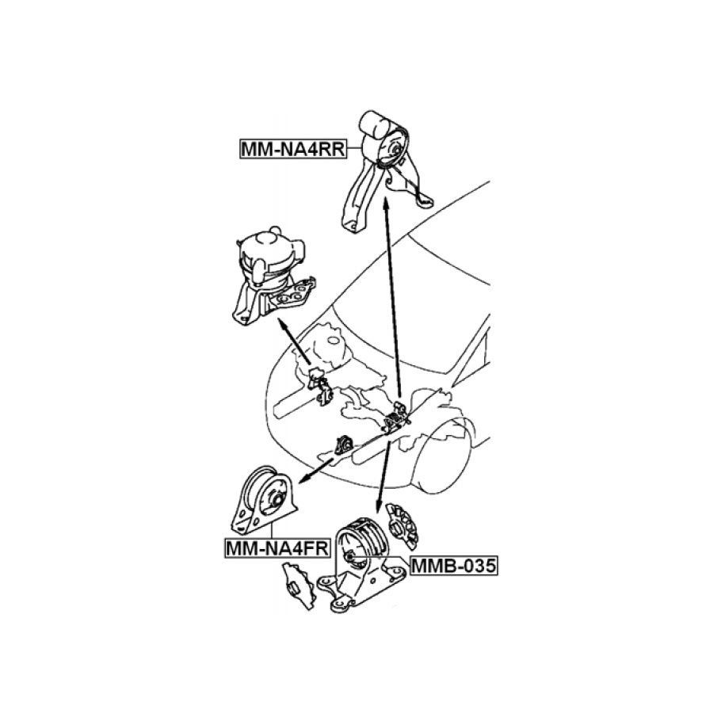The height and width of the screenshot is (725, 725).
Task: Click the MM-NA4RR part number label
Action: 293,149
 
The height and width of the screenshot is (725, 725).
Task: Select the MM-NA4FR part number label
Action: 277,548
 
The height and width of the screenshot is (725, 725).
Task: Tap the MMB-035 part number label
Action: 453,565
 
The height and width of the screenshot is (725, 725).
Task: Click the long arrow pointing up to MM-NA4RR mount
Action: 392,297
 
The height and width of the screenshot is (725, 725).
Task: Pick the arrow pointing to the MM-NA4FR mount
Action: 316,470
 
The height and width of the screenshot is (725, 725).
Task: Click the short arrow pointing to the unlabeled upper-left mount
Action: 294,342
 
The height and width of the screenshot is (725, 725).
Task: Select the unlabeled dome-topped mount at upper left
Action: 273,277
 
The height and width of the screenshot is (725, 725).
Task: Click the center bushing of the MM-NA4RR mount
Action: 396,151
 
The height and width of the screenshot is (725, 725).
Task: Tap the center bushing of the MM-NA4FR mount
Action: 277,502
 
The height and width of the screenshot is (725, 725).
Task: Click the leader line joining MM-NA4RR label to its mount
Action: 353,148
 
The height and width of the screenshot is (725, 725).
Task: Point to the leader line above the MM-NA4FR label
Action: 273,529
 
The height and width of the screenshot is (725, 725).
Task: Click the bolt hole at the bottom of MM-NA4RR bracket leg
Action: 353,226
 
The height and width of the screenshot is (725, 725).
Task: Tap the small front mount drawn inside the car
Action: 344,445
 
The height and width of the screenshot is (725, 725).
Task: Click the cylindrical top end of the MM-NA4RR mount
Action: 374,124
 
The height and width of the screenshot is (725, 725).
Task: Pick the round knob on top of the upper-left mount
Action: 275,231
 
